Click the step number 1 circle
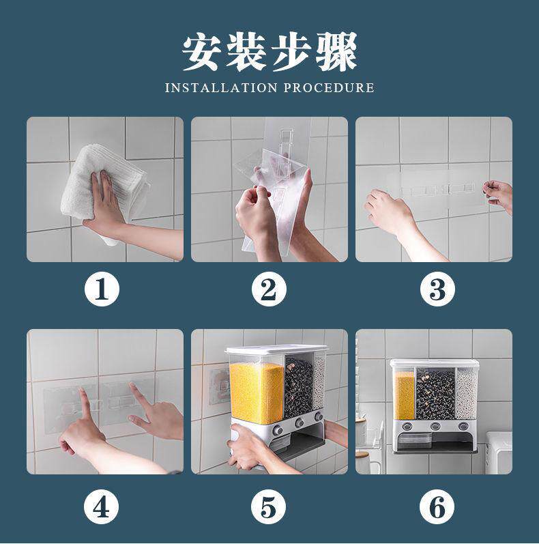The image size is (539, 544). (x=102, y=289)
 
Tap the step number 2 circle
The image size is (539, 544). (x=269, y=289)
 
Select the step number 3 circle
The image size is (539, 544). (x=437, y=289)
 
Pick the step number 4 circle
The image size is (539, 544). (x=101, y=507)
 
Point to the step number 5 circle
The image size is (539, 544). (x=268, y=507)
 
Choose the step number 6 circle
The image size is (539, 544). (x=437, y=507)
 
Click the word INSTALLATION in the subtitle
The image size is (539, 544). (x=221, y=88)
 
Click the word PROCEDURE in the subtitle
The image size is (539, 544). (x=329, y=88)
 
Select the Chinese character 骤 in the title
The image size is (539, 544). (x=337, y=52)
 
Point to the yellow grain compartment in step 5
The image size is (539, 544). (x=257, y=392)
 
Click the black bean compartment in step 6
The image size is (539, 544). (x=435, y=395)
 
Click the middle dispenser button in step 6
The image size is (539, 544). (x=435, y=426)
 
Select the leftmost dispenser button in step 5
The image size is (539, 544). (x=278, y=431)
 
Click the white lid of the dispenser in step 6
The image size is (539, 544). (x=435, y=363)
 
